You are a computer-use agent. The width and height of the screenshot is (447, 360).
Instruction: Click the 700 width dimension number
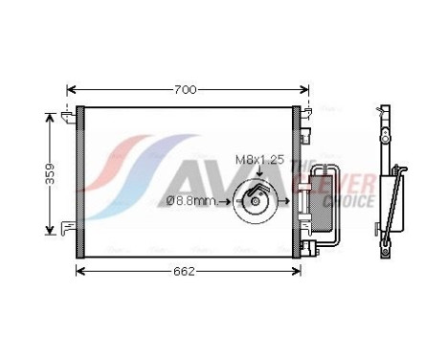[186, 89]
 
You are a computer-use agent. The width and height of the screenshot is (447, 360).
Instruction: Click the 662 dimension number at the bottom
[185, 271]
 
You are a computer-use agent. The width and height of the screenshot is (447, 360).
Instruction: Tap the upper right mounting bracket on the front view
[309, 114]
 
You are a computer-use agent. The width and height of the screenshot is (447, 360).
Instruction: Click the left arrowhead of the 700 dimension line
[70, 89]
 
